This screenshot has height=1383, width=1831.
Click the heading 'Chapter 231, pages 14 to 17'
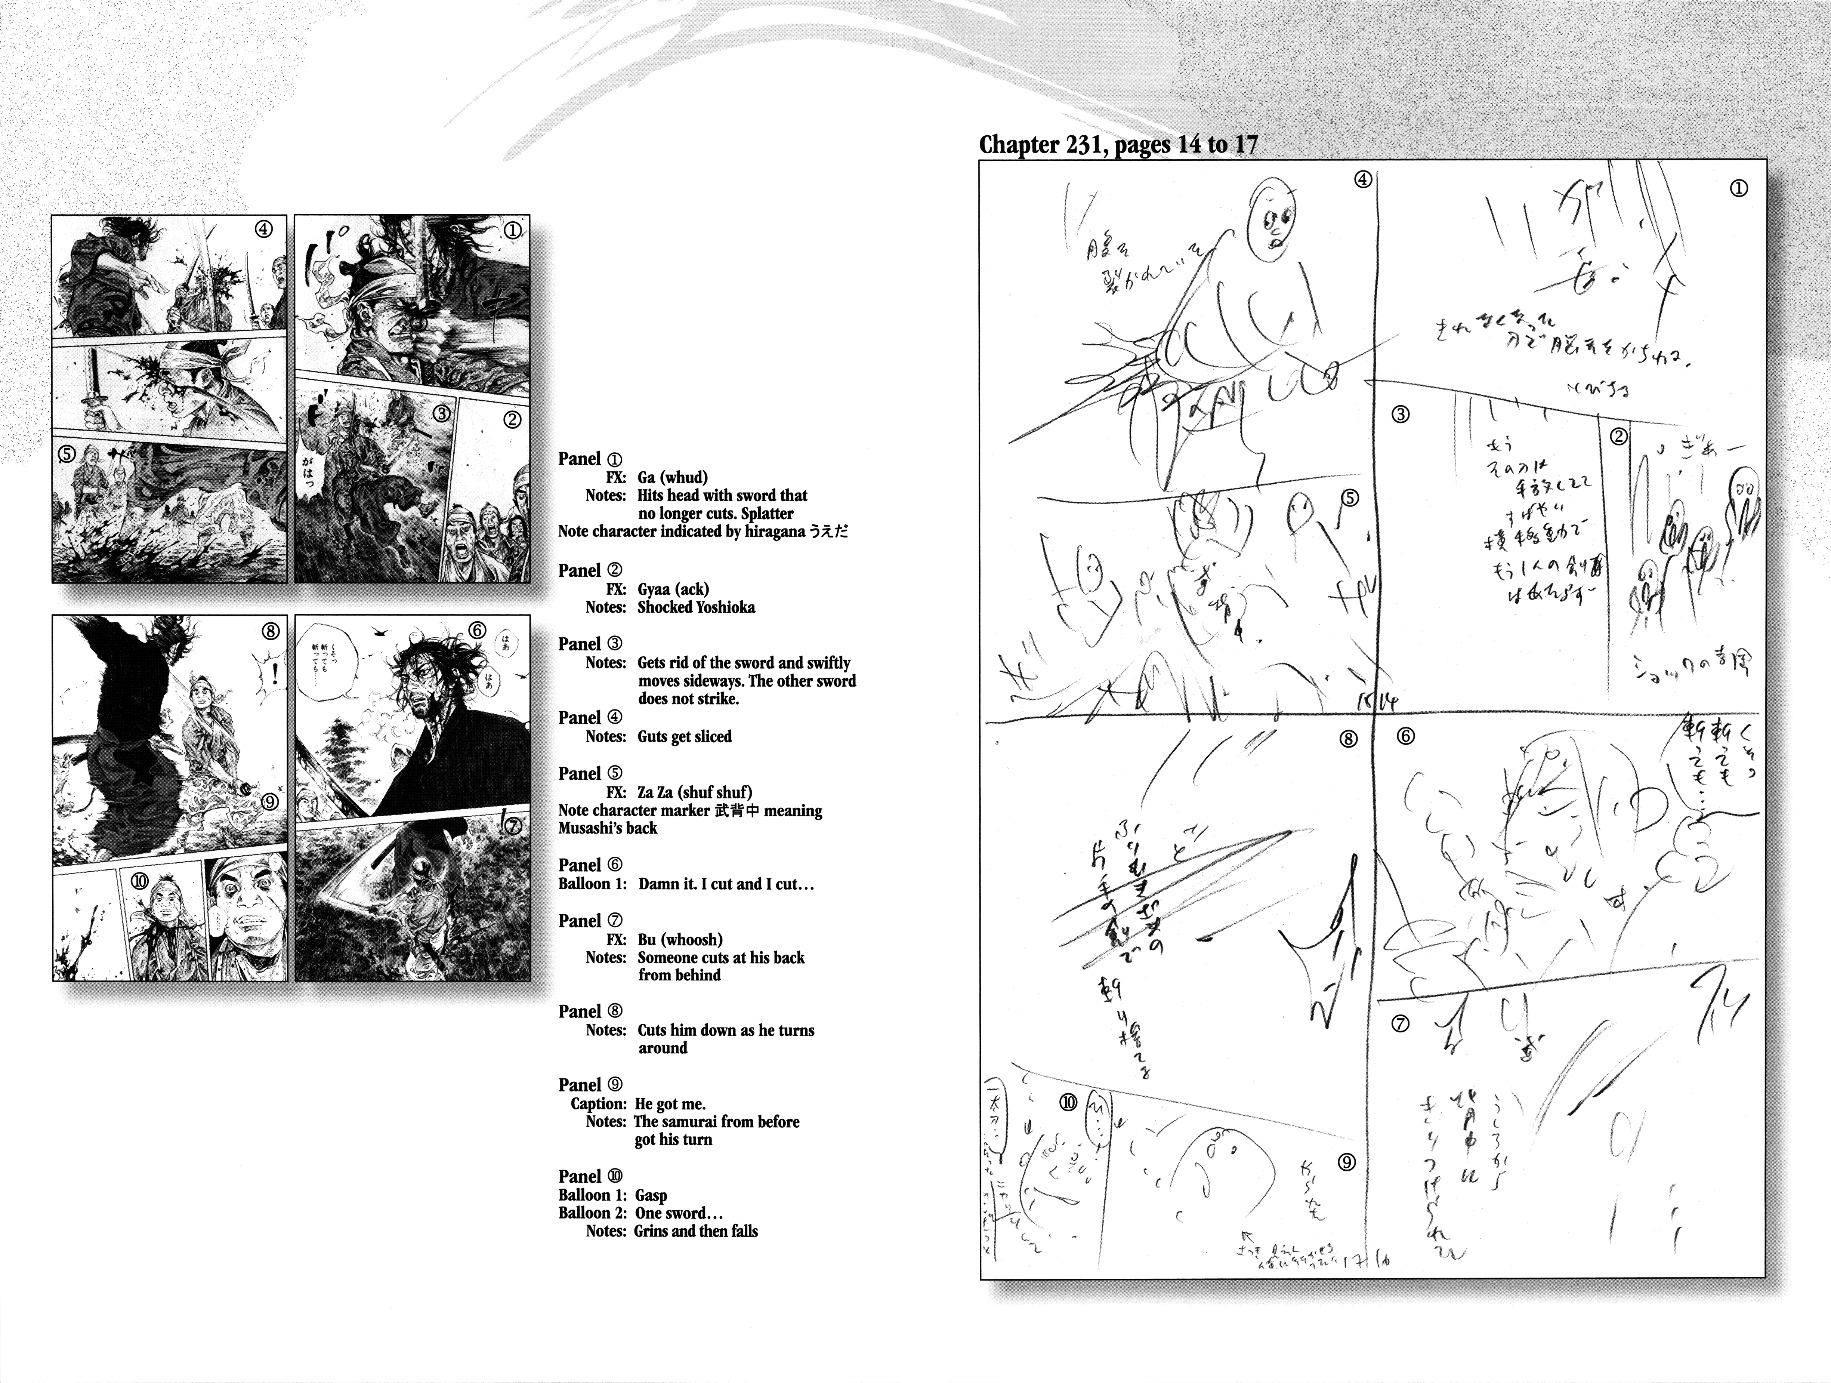[1118, 145]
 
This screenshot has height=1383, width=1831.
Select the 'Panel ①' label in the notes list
[590, 459]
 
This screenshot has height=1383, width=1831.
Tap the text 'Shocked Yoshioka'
[695, 607]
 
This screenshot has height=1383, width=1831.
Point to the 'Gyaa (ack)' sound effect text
[672, 589]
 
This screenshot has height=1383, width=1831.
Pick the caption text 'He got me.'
[670, 1103]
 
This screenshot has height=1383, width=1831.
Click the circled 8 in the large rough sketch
[1349, 739]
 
